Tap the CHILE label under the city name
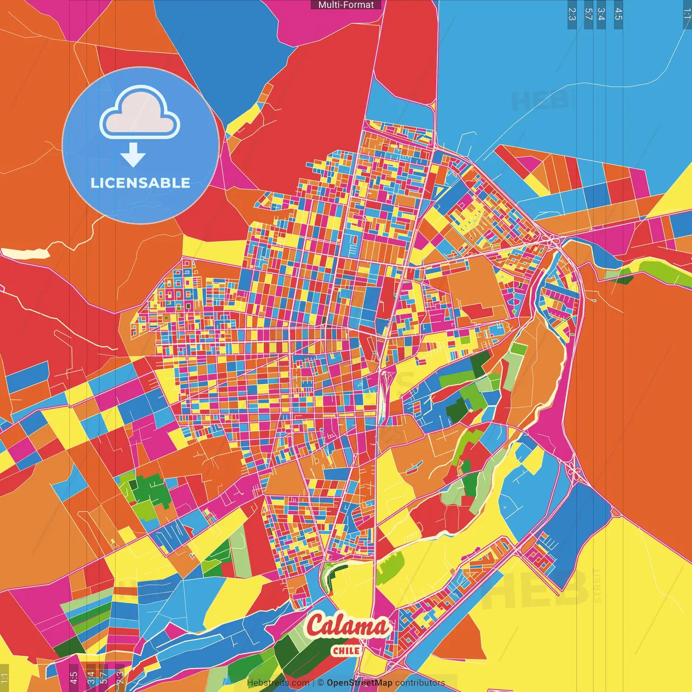pos(346,650)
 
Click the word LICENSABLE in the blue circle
pos(141,183)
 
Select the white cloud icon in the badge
pos(140,114)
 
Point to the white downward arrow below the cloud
pos(133,155)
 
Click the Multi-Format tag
pos(346,5)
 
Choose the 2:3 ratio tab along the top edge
pos(572,14)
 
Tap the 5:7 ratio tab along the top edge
pos(588,14)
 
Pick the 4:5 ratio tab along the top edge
pos(618,14)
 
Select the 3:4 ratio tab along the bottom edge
pos(91,677)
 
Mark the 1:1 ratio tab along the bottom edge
pos(4,677)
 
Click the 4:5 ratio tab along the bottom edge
pos(74,677)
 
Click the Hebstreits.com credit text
pos(278,683)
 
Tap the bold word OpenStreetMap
pos(360,683)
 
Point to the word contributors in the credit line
pos(420,683)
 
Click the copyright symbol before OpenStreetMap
pos(321,683)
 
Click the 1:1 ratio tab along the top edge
pos(687,14)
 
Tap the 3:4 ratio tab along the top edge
pos(601,14)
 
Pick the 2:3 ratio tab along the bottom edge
pos(119,677)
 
